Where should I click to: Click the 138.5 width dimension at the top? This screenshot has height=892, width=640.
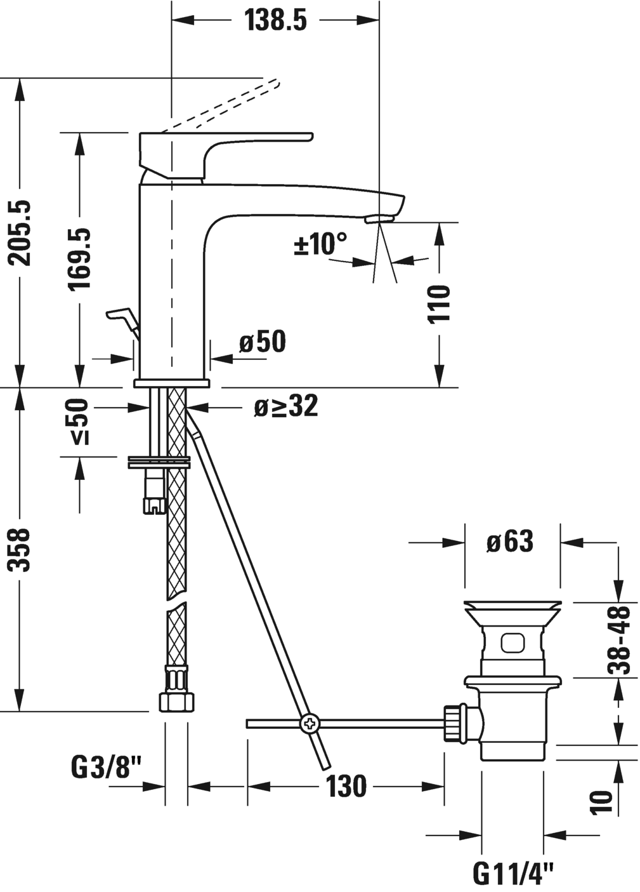(275, 20)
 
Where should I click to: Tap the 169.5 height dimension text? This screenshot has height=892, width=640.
(81, 259)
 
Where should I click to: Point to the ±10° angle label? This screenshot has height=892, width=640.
(321, 244)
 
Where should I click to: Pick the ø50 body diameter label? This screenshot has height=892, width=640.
(263, 343)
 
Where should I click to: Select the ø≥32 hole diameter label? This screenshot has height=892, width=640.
(286, 407)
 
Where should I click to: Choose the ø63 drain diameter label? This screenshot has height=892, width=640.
(510, 542)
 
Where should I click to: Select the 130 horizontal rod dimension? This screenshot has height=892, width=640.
(346, 787)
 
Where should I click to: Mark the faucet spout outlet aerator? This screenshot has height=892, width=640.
(379, 219)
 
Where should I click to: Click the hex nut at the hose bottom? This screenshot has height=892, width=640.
(176, 702)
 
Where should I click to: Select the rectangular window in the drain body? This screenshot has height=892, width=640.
(513, 643)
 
